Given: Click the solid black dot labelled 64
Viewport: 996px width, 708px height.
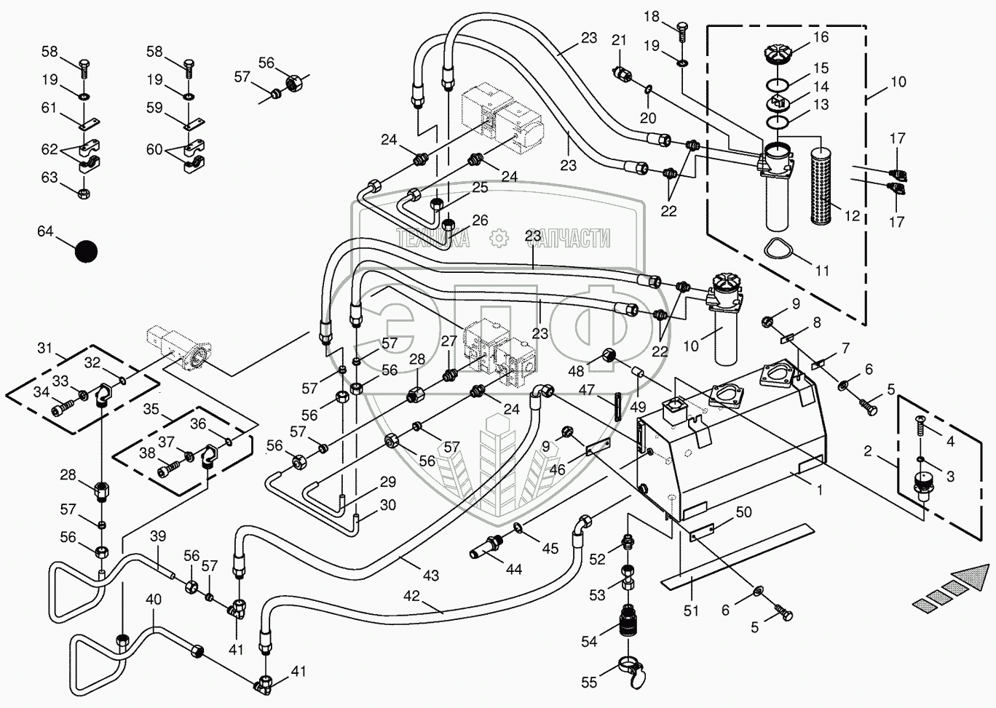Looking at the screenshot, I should click(86, 251).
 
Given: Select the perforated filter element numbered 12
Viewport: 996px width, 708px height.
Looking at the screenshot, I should click(826, 175).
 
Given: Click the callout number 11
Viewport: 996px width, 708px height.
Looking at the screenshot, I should click(822, 271).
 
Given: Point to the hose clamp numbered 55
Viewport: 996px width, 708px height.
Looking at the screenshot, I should click(631, 664).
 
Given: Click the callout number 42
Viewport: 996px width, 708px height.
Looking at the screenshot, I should click(411, 596).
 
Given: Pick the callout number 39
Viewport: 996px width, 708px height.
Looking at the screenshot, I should click(157, 536).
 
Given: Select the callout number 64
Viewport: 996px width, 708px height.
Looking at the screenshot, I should click(45, 231).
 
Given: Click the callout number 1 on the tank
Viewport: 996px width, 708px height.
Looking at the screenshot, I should click(819, 490).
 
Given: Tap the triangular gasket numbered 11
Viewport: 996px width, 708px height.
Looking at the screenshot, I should click(780, 250).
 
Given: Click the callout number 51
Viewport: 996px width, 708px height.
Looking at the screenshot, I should click(691, 610).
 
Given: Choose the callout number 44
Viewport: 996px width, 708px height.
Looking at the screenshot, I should click(514, 570).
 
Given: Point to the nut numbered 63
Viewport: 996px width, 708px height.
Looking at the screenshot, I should click(83, 194).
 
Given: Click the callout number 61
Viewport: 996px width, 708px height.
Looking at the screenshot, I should click(49, 108).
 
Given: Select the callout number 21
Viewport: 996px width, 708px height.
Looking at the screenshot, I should click(619, 40).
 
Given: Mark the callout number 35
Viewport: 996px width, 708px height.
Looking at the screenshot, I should click(151, 409).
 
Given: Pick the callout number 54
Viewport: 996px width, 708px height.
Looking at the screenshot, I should click(588, 641).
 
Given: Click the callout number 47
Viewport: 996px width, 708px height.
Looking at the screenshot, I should click(586, 391).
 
